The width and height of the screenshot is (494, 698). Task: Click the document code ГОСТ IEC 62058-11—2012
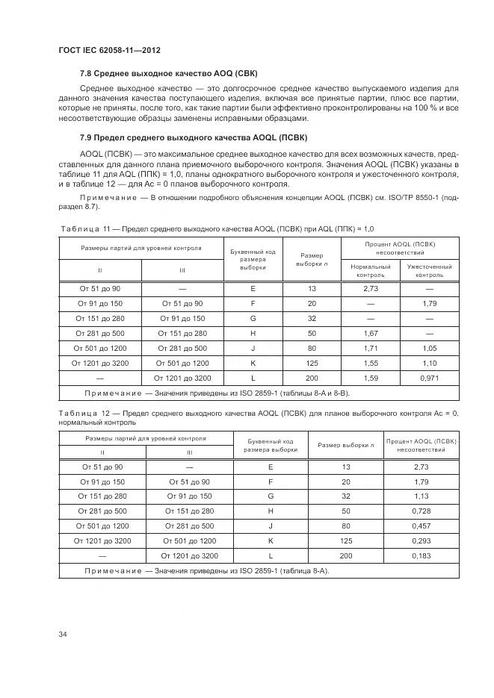[x=109, y=50]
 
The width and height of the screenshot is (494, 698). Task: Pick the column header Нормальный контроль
[x=370, y=270]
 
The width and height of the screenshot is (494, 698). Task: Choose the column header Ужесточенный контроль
[x=429, y=270]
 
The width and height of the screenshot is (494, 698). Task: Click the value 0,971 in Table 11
[x=429, y=378]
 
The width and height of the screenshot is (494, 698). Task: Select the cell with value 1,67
[x=370, y=333]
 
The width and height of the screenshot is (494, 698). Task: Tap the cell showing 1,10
[x=429, y=363]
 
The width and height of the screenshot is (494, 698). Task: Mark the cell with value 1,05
[x=429, y=348]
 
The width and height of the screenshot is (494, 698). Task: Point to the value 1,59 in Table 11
[x=370, y=378]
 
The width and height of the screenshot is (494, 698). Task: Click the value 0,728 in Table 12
[x=421, y=511]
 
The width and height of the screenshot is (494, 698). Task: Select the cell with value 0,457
[x=421, y=526]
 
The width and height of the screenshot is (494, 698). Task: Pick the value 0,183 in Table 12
[x=421, y=555]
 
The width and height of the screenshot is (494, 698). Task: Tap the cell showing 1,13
[x=421, y=496]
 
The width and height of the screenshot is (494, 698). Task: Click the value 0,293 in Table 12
[x=421, y=540]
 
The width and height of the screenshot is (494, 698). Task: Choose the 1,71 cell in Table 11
[x=370, y=348]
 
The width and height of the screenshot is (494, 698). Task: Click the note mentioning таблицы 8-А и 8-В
[x=217, y=393]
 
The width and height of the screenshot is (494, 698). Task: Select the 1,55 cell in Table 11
[x=370, y=363]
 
